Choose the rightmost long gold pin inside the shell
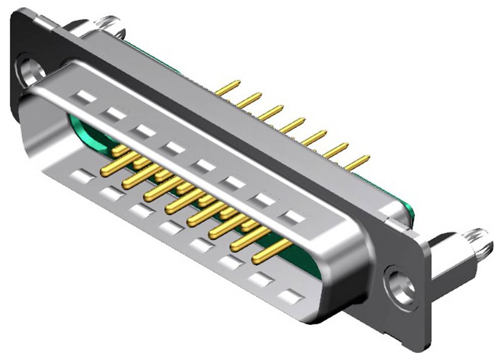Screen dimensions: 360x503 click(x=271, y=251)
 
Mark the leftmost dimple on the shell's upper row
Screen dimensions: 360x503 click(x=86, y=97)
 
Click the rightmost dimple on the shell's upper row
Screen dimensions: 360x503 click(x=292, y=217)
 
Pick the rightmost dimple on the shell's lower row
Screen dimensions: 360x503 click(x=290, y=297)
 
